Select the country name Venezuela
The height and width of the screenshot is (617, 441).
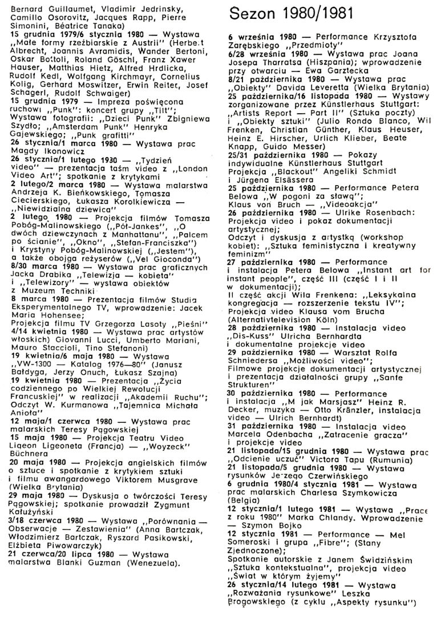[155, 547]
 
